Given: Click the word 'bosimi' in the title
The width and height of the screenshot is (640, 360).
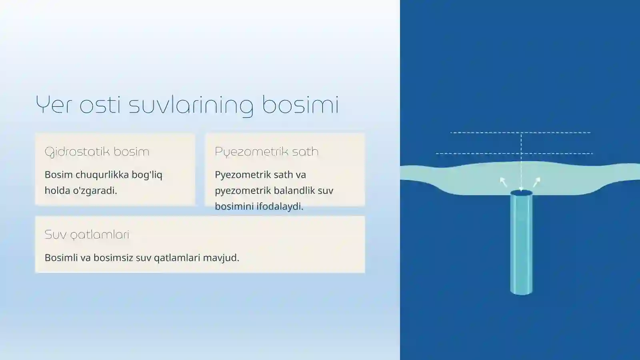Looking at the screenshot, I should tap(300, 105).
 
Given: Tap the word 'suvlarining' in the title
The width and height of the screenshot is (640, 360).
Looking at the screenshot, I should tap(191, 106).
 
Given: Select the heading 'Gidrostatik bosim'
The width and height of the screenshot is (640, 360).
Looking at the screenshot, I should tap(97, 152).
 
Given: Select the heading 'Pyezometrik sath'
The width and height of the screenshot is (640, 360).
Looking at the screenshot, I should tap(266, 152).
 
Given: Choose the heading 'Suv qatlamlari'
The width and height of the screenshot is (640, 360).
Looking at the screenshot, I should tap(87, 234).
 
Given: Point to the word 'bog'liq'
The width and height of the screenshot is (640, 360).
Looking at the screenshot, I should tap(147, 175).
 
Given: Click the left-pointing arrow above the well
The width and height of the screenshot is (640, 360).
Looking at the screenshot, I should tap(503, 182).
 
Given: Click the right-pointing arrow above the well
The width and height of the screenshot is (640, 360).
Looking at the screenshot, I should tap(537, 182).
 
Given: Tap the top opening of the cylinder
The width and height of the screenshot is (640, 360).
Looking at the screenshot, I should tap(521, 193).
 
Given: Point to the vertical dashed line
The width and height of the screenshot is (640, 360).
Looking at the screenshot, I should tap(521, 160).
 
